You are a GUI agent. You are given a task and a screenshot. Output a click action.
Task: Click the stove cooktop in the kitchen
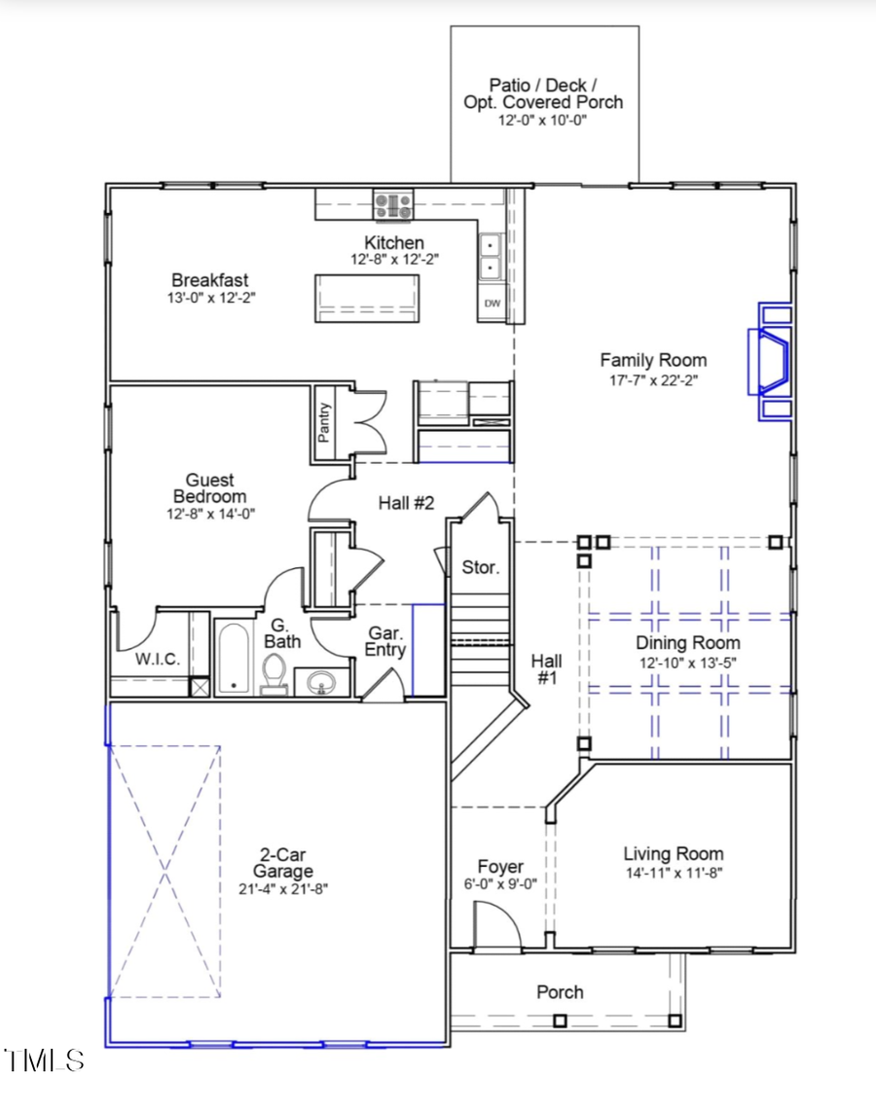coord(393,204)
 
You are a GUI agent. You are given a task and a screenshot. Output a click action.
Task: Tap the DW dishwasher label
coord(493,304)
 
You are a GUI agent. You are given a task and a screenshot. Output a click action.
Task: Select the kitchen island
coord(367,298)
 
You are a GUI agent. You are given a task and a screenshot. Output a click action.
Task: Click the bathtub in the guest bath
coord(234,659)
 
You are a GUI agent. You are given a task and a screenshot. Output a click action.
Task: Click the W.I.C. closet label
coord(157,660)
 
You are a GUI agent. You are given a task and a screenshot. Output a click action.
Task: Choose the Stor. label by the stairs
coord(480,567)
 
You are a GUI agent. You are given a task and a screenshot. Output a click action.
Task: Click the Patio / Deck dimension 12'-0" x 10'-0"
coord(543,120)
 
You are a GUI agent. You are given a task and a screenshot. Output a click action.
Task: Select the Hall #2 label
coord(406,503)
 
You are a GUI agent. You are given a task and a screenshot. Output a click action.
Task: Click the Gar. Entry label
coord(385,641)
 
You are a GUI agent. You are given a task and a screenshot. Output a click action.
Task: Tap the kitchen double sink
coord(491,256)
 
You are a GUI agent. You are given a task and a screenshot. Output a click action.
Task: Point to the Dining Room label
coord(687,643)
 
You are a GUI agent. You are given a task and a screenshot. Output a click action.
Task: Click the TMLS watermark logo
coord(44,1059)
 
